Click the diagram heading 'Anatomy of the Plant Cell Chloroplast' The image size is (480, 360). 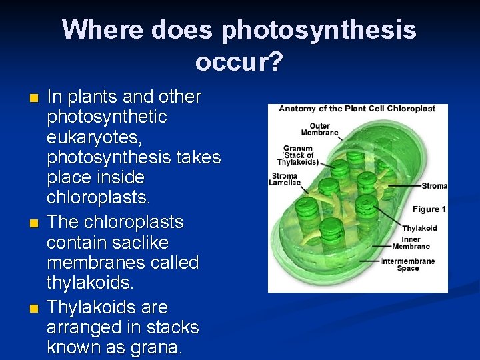pyautogui.click(x=357, y=109)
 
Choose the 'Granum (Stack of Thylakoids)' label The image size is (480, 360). pyautogui.click(x=298, y=155)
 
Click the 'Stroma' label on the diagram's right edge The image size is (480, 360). pyautogui.click(x=435, y=185)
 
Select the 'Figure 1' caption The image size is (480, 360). pyautogui.click(x=429, y=209)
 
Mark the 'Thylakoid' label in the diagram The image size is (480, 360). pyautogui.click(x=419, y=228)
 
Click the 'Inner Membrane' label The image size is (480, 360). pyautogui.click(x=420, y=243)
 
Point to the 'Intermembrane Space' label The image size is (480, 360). pyautogui.click(x=407, y=265)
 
